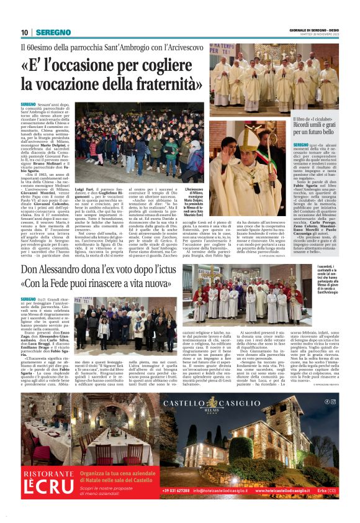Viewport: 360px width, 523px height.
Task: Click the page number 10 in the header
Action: tap(24, 32)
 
